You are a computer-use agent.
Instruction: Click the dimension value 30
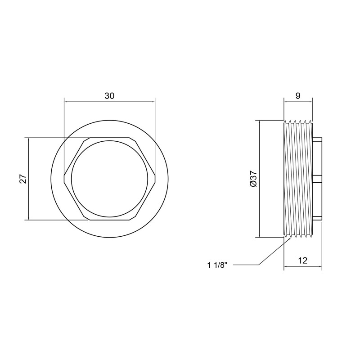point(109,96)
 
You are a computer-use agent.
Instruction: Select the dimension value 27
point(23,179)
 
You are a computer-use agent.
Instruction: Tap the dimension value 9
point(298,96)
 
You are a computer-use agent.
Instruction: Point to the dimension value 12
point(302,261)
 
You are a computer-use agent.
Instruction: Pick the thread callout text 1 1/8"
point(217,265)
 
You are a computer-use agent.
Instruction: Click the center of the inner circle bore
point(110,179)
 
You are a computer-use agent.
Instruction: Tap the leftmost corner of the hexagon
point(64,179)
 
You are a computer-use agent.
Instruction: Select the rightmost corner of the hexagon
point(156,179)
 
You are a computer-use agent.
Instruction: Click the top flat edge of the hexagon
point(109,138)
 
